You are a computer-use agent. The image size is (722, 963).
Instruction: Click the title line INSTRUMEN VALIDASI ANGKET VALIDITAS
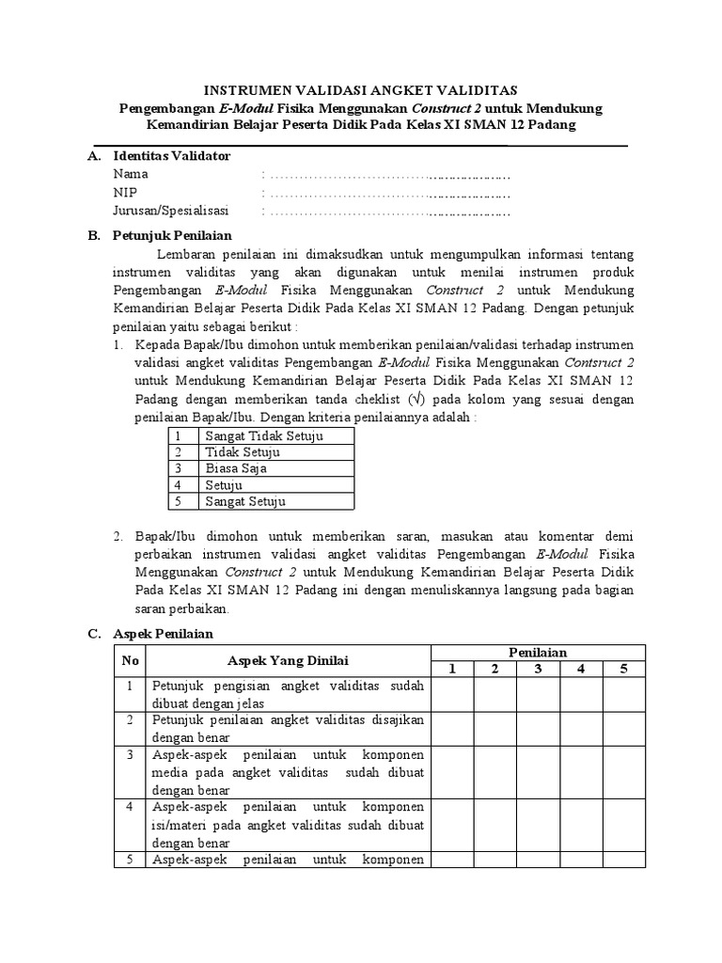[361, 90]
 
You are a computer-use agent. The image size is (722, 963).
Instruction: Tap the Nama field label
[131, 174]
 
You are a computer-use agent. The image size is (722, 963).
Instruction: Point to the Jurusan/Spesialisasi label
[171, 211]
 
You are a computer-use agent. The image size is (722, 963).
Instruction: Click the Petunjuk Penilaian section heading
[172, 236]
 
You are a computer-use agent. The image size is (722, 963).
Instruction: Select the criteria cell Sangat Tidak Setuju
[264, 435]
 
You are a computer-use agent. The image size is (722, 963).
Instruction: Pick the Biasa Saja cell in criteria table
[236, 468]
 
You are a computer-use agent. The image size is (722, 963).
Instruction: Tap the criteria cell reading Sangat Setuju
[245, 501]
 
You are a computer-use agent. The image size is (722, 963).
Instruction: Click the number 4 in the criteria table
[177, 485]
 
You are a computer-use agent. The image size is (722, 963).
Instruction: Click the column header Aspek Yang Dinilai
[287, 661]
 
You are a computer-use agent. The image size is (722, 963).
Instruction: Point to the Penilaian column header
[538, 652]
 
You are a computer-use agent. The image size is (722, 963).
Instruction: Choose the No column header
[130, 661]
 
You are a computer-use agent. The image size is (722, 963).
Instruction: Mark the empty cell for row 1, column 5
[623, 694]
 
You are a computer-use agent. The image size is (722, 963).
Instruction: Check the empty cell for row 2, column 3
[538, 729]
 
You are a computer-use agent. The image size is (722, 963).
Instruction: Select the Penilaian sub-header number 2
[494, 669]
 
